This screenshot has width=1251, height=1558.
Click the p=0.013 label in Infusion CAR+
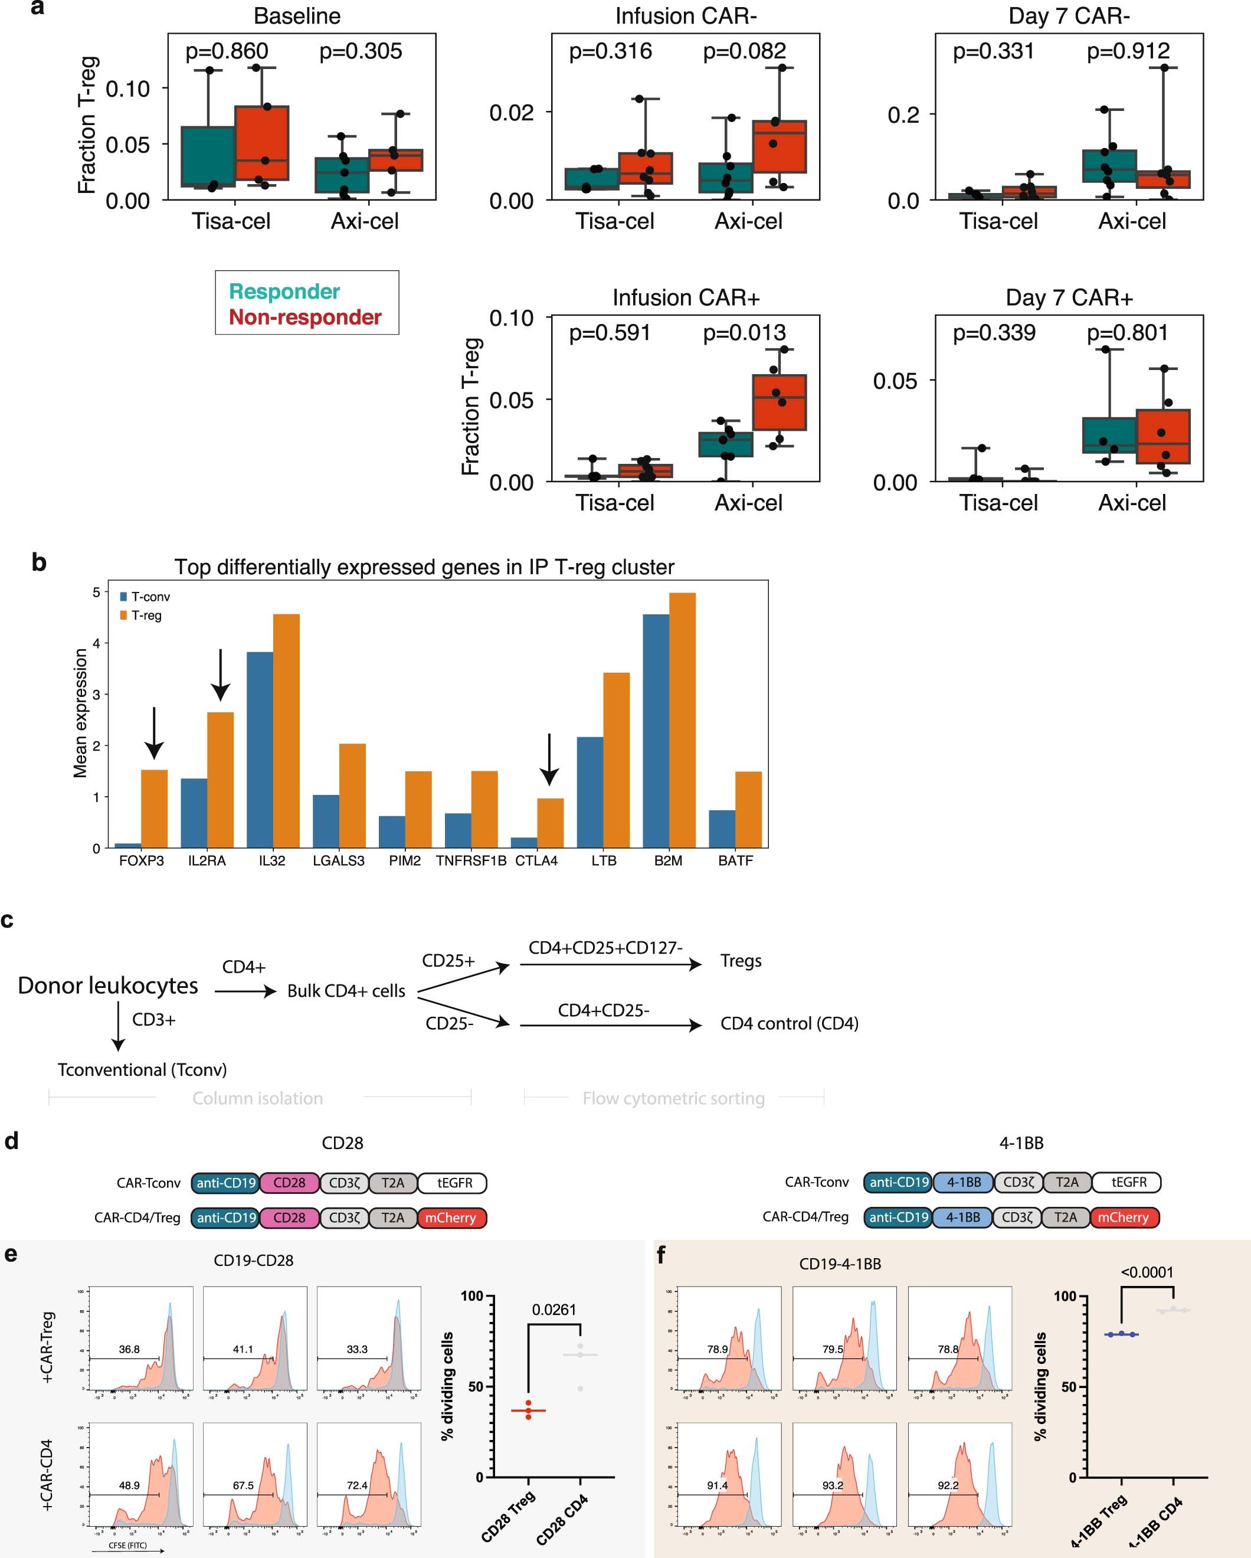pyautogui.click(x=744, y=332)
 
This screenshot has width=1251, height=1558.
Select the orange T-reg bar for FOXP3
pyautogui.click(x=154, y=809)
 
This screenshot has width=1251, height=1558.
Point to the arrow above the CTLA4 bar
pyautogui.click(x=549, y=759)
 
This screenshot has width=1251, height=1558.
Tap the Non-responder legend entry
pyautogui.click(x=305, y=318)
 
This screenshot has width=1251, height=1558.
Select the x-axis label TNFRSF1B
pyautogui.click(x=470, y=860)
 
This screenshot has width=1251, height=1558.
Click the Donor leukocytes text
pyautogui.click(x=107, y=986)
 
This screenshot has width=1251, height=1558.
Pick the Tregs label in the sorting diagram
pyautogui.click(x=741, y=961)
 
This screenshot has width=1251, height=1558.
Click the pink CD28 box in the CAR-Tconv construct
pyautogui.click(x=289, y=1183)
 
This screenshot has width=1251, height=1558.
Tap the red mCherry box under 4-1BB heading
pyautogui.click(x=1123, y=1217)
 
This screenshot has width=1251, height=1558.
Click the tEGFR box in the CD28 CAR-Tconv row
pyautogui.click(x=454, y=1183)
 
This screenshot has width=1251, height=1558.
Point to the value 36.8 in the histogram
pyautogui.click(x=129, y=1349)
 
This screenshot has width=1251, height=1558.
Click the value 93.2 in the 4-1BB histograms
pyautogui.click(x=833, y=1486)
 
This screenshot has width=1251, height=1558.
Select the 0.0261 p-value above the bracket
pyautogui.click(x=554, y=1310)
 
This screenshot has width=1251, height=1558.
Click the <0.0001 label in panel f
pyautogui.click(x=1147, y=1272)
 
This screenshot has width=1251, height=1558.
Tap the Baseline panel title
pyautogui.click(x=297, y=16)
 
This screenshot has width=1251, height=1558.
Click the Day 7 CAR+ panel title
pyautogui.click(x=1069, y=297)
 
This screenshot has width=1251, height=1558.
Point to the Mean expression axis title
pyautogui.click(x=80, y=713)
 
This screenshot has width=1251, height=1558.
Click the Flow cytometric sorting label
pyautogui.click(x=673, y=1098)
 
